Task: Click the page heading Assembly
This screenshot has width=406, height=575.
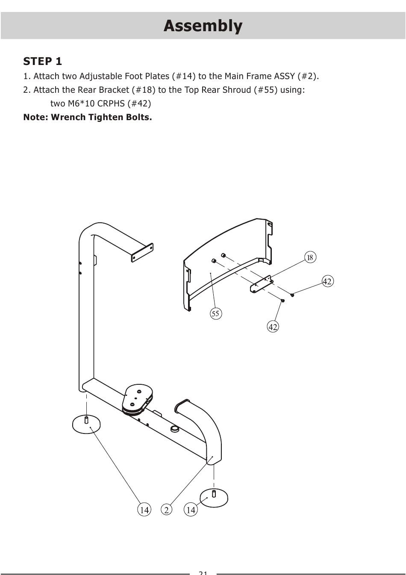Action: pos(203,26)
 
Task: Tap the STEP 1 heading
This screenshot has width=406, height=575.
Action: pos(42,61)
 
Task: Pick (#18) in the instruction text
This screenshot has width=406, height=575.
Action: pos(144,90)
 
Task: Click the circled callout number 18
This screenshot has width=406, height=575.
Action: pos(310,257)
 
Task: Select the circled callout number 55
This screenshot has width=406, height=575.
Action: pos(215,314)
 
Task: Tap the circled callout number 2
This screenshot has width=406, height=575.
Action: pos(167,510)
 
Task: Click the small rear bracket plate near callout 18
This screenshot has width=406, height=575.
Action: pos(262,284)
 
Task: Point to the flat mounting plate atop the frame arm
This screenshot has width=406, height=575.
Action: pos(142,252)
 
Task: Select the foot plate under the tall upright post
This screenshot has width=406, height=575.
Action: pos(87,424)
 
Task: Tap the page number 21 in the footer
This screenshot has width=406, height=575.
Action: pos(203,572)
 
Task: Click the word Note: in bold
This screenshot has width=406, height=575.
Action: pos(35,117)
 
